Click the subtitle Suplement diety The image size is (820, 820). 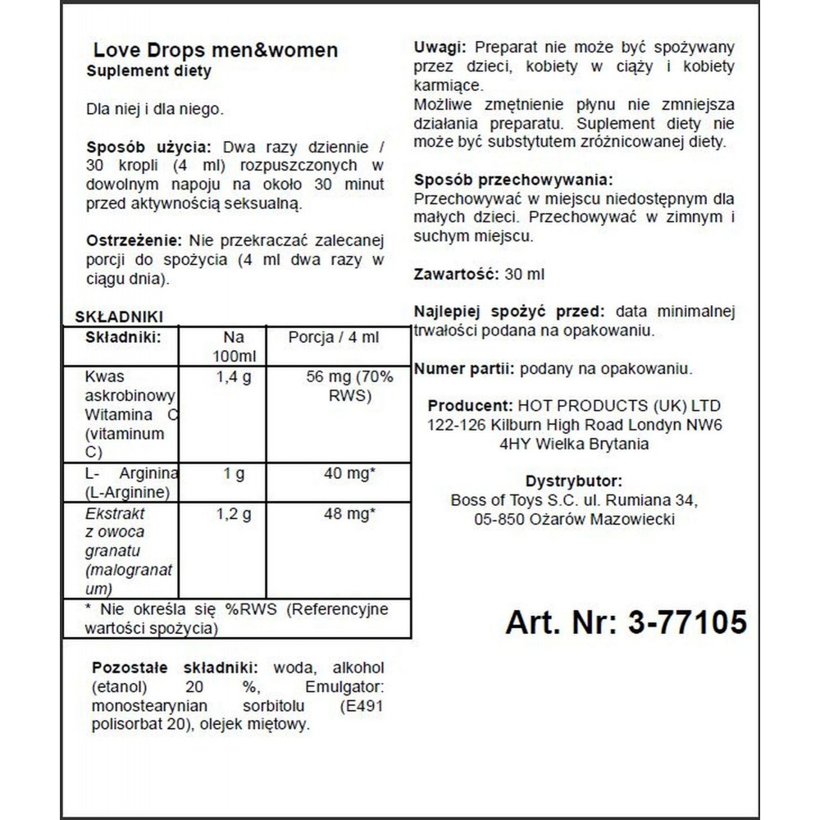(148, 71)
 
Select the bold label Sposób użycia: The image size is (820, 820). (148, 148)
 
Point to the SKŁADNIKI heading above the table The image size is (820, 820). (119, 317)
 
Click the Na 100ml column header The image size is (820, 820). (233, 348)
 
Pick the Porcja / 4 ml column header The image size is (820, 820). (333, 338)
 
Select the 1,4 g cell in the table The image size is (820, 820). (233, 377)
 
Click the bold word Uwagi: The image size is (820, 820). (440, 47)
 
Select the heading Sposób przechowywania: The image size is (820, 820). (512, 180)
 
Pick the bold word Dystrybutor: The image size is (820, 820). (573, 481)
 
